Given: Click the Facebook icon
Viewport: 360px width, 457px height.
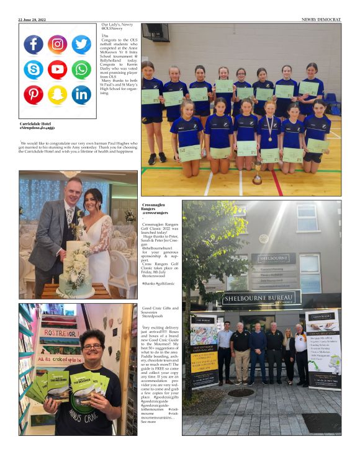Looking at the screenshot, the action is click(34, 45).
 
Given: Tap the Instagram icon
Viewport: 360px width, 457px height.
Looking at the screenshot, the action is click(57, 45).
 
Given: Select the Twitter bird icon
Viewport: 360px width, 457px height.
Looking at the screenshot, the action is click(81, 45).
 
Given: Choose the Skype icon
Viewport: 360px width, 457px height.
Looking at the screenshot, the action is click(34, 69).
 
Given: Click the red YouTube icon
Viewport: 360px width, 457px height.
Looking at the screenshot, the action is click(57, 69).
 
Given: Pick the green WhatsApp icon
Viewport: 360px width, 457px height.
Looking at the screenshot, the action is click(81, 69).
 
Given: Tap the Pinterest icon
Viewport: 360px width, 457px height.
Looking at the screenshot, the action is click(34, 94).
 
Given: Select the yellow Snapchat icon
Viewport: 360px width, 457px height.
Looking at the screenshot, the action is click(57, 94).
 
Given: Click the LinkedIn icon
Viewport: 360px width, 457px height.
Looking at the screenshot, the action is click(81, 94).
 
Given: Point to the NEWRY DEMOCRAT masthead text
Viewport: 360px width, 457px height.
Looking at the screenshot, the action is click(321, 19).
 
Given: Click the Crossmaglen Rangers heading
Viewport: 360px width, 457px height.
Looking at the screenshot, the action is click(155, 208).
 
